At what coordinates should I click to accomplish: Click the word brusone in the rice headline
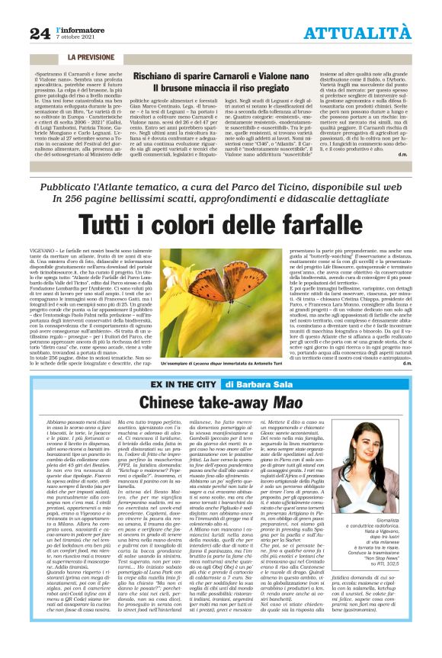(196, 89)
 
